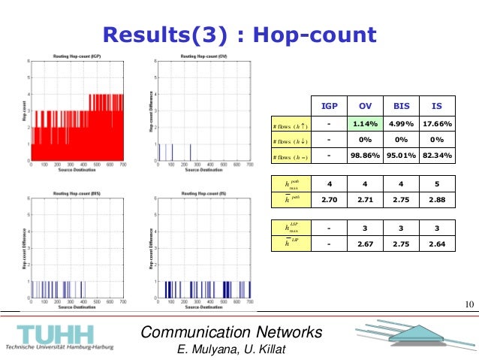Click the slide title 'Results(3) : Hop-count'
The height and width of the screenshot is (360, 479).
239,35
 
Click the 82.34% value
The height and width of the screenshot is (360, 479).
436,156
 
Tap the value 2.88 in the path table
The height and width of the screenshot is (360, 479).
436,200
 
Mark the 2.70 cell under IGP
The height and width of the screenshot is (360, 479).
328,200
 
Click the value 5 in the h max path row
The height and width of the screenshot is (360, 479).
436,184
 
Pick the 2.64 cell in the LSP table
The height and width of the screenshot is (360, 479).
436,244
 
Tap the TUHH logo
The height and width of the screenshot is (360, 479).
56,335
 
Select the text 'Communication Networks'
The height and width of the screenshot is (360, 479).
232,332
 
